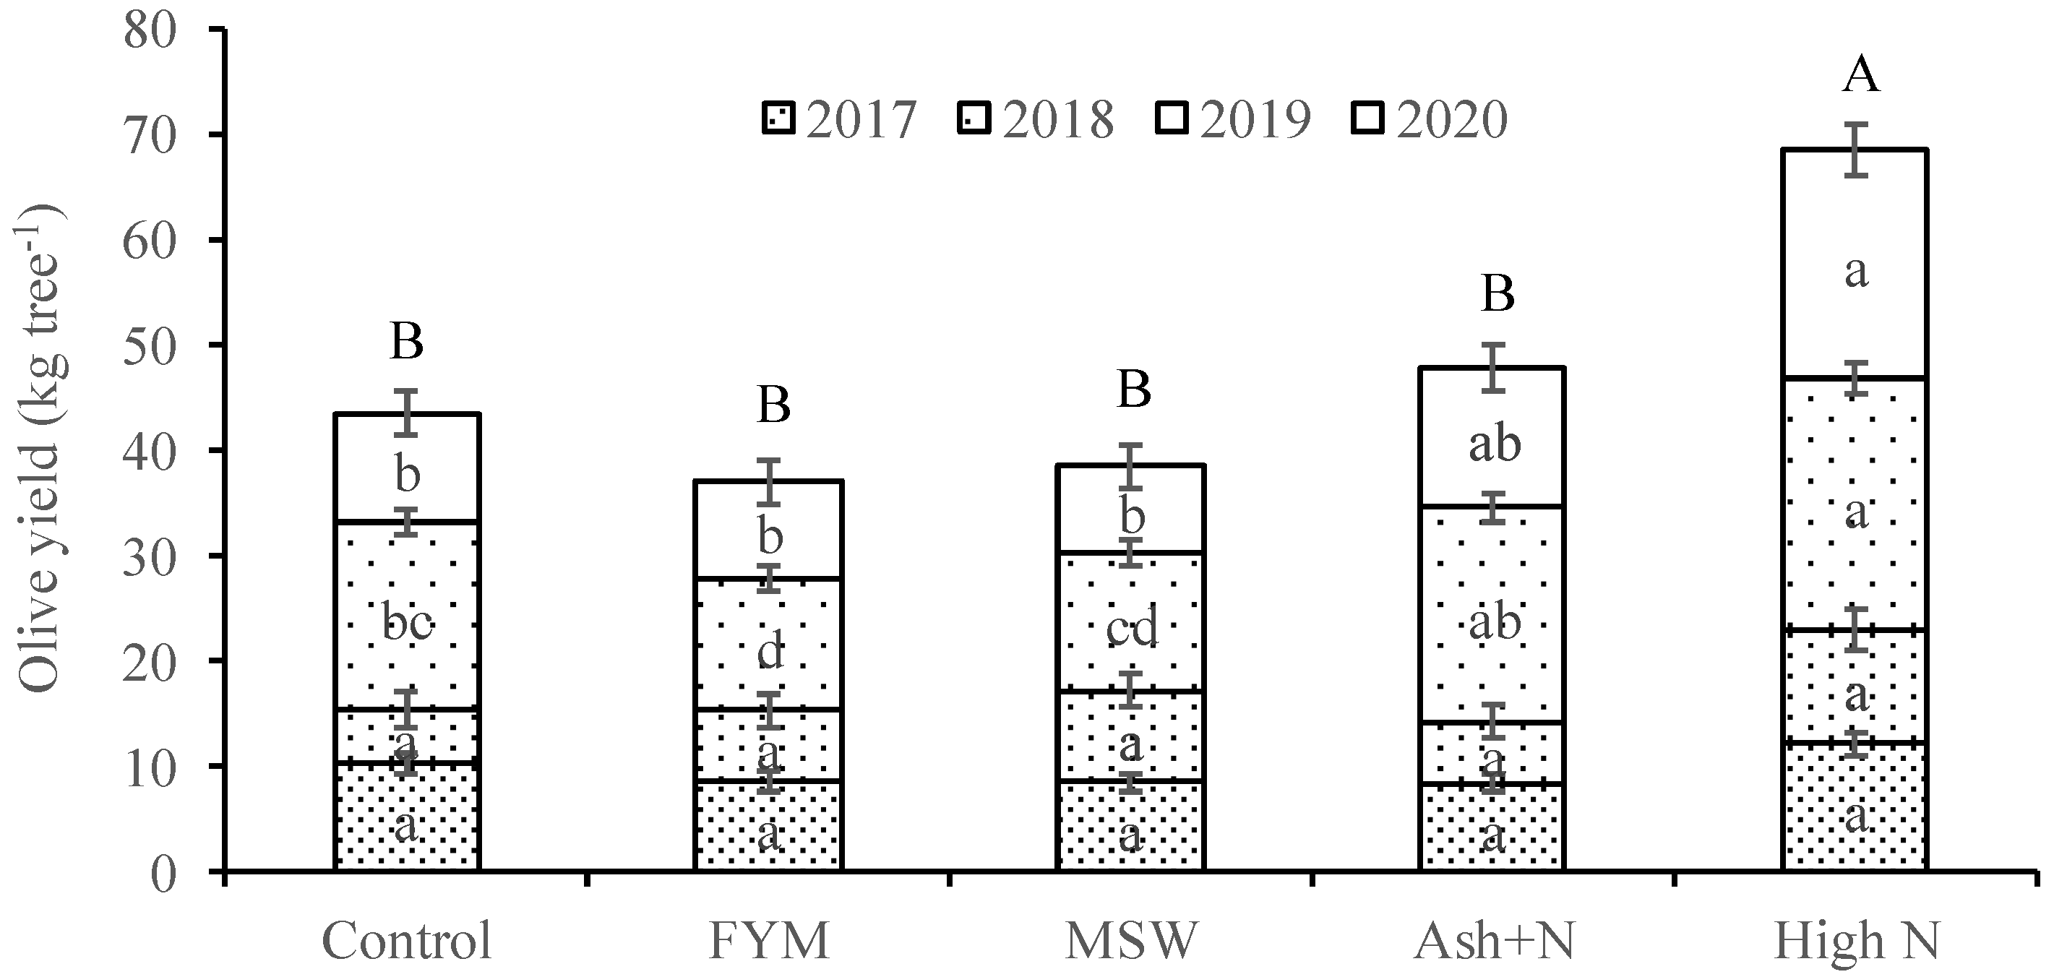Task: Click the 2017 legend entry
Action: (x=841, y=120)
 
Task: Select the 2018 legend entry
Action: (x=1036, y=120)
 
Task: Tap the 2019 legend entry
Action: (x=1234, y=120)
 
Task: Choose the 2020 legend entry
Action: (x=1430, y=120)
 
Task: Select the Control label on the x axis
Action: (x=407, y=941)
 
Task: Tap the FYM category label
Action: (x=769, y=941)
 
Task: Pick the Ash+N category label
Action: (x=1493, y=941)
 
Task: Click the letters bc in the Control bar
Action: (x=407, y=623)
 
